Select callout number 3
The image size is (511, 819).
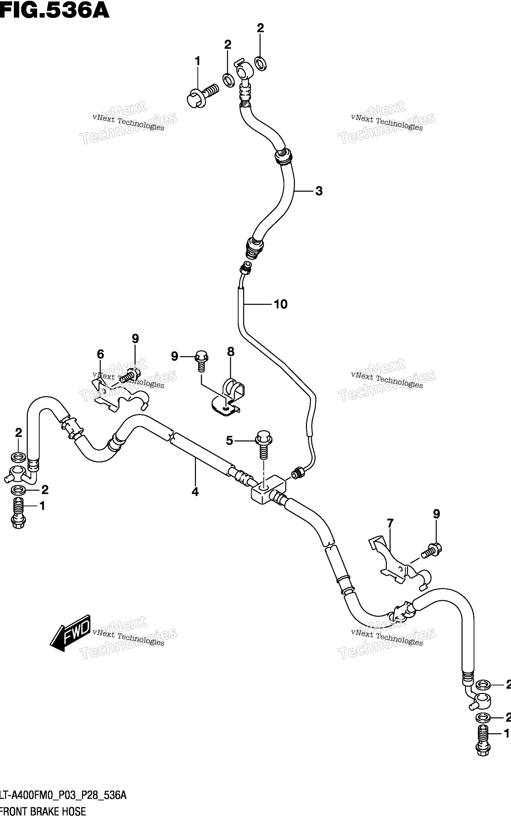click(319, 191)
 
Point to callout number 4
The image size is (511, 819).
click(195, 492)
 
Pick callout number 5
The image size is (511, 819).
click(229, 441)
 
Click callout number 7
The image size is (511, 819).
click(390, 523)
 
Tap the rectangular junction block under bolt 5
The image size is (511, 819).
click(269, 489)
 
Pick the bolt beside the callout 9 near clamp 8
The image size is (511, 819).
click(201, 362)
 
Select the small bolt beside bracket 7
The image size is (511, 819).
click(431, 550)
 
